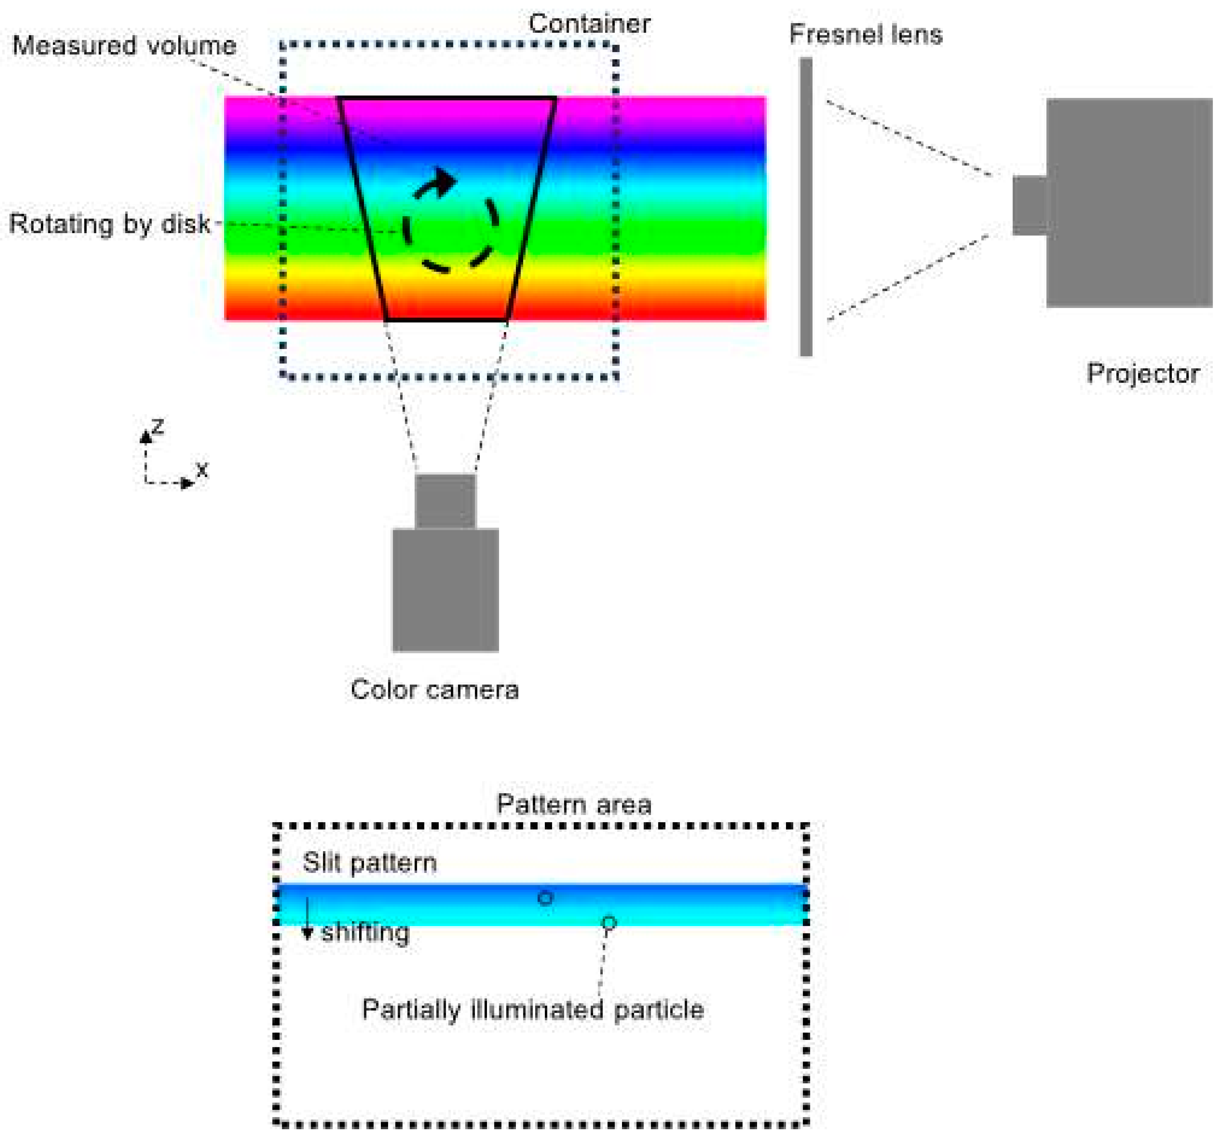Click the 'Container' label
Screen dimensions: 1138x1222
pyautogui.click(x=589, y=25)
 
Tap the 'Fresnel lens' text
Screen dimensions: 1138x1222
pyautogui.click(x=865, y=35)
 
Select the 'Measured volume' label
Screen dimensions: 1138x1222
pyautogui.click(x=124, y=46)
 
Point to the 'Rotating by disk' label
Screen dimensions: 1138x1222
pyautogui.click(x=110, y=224)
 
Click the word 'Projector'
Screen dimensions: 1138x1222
pyautogui.click(x=1142, y=374)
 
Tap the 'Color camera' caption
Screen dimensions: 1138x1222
pyautogui.click(x=434, y=690)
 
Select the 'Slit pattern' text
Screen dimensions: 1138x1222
pyautogui.click(x=369, y=863)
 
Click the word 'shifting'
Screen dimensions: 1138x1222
pyautogui.click(x=365, y=933)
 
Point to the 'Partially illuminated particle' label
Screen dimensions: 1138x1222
pyautogui.click(x=532, y=1010)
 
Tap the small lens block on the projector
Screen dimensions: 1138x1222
pyautogui.click(x=1030, y=205)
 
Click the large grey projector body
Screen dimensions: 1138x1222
pyautogui.click(x=1129, y=203)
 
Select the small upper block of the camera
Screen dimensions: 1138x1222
pyautogui.click(x=445, y=501)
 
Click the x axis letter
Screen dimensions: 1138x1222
pyautogui.click(x=202, y=470)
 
